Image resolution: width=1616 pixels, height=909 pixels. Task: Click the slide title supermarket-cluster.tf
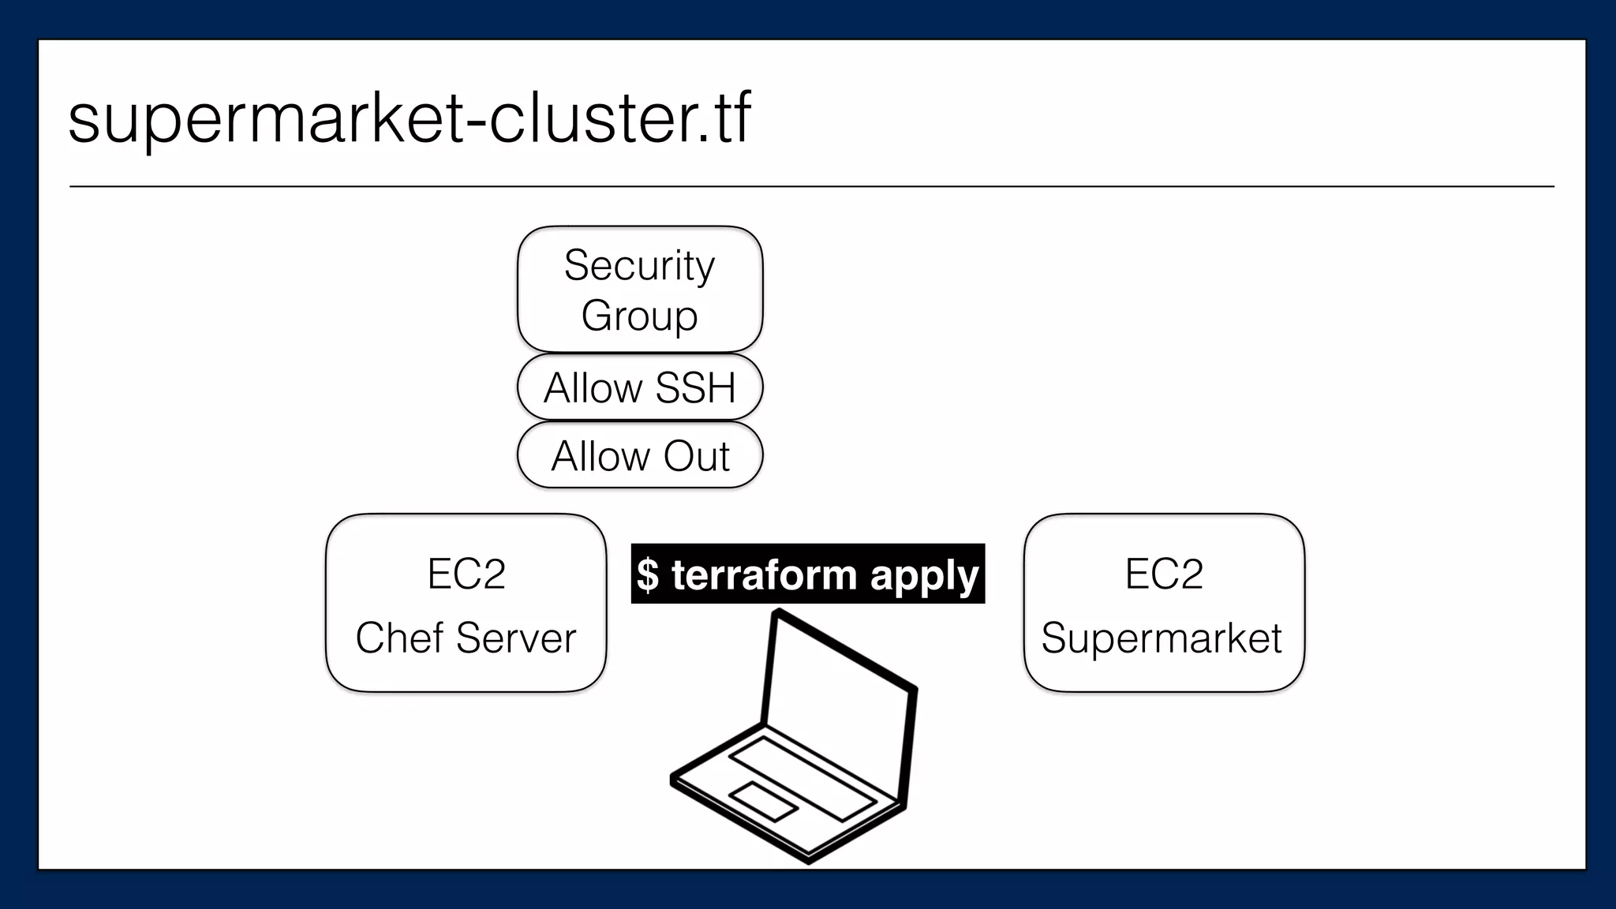[409, 118]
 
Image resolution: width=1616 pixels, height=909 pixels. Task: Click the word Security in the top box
[639, 265]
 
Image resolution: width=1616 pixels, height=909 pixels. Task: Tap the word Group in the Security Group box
[639, 316]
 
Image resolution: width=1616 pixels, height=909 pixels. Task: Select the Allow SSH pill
[639, 387]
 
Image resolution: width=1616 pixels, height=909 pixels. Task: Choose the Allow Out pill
[639, 455]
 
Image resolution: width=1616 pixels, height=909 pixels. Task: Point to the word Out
[697, 456]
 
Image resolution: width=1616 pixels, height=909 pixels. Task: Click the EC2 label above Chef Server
[466, 574]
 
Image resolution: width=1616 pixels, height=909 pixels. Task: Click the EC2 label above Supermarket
[1164, 574]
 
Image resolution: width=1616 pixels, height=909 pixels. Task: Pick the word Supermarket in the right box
[1161, 638]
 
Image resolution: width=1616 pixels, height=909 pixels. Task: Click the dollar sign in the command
[647, 574]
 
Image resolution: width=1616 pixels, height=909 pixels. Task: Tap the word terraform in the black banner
[764, 574]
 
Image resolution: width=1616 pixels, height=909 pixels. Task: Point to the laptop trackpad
[762, 802]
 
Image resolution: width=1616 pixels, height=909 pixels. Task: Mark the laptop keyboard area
[802, 777]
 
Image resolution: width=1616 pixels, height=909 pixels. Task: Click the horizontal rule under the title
[811, 187]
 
